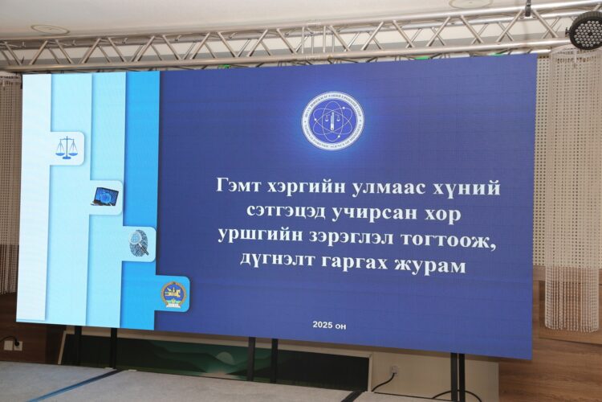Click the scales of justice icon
(67, 147)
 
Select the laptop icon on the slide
(104, 195)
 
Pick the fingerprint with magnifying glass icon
(140, 243)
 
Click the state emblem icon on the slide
(173, 293)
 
